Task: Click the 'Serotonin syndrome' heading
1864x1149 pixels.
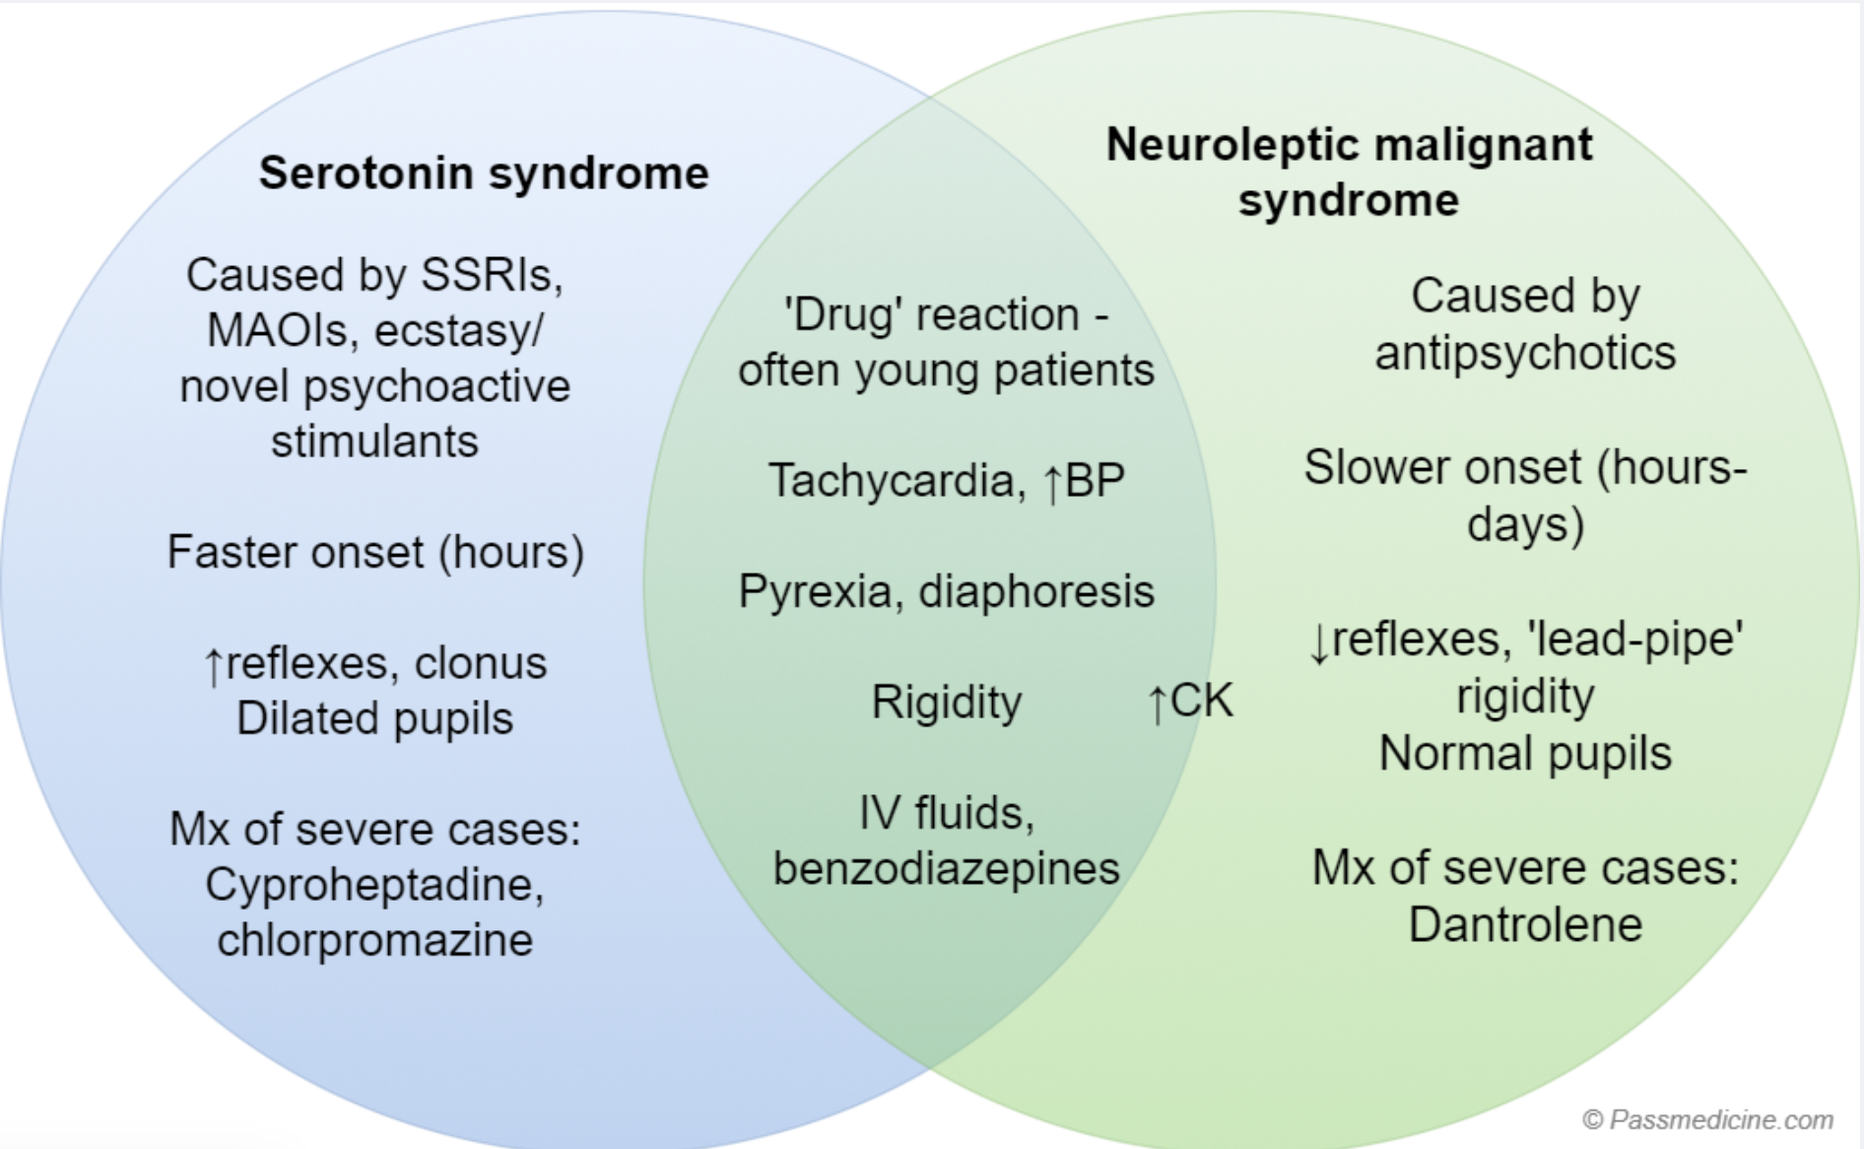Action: [483, 173]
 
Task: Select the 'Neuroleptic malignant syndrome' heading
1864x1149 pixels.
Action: [1348, 172]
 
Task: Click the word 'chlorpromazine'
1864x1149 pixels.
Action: [374, 939]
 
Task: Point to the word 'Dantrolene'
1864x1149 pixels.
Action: [1524, 924]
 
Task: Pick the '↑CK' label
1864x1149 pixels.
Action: [1189, 701]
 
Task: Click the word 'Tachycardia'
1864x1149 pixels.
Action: [891, 481]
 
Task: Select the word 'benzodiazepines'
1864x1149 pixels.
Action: [946, 868]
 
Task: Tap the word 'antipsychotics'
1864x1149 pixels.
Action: [1524, 353]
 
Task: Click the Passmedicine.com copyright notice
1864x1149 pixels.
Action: [1706, 1119]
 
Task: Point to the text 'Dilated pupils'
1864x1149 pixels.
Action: [374, 718]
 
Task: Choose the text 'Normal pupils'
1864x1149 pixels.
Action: [1524, 754]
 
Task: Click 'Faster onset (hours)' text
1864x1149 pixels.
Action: [374, 552]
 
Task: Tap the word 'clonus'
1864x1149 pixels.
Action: [480, 663]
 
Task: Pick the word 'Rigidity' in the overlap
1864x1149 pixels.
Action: [946, 703]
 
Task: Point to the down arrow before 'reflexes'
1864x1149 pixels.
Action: [1319, 643]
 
